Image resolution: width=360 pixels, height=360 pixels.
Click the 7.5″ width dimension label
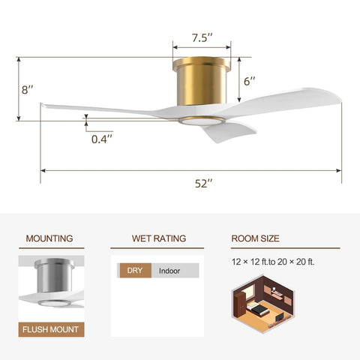point(202,37)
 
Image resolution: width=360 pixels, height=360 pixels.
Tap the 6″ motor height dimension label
point(249,81)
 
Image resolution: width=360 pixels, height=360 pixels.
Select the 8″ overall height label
point(27,90)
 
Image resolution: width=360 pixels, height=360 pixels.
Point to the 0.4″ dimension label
point(102,139)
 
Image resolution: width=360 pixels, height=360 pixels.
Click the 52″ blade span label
point(203,184)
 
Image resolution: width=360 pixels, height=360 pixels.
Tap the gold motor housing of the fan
point(202,81)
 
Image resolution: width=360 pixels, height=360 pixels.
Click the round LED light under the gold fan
point(202,121)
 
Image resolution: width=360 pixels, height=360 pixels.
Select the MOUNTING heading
point(49,238)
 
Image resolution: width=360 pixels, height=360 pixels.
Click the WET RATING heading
point(159,238)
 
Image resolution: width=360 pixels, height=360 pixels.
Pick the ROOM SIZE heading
point(255,238)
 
